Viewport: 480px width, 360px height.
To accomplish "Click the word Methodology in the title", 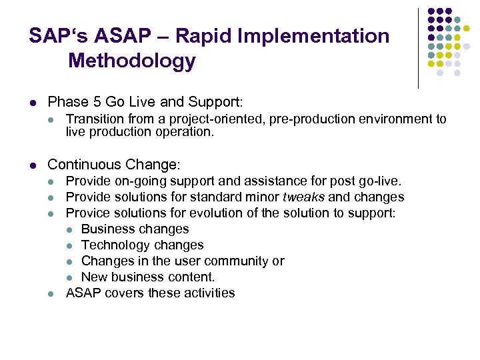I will click(x=132, y=61).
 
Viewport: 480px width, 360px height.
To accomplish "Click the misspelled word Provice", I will click(x=88, y=213).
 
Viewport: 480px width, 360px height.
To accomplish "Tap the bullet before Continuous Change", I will click(x=33, y=164).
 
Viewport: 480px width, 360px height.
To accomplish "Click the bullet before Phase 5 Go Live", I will click(x=33, y=103).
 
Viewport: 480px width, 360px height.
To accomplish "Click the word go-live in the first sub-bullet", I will click(x=379, y=181).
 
